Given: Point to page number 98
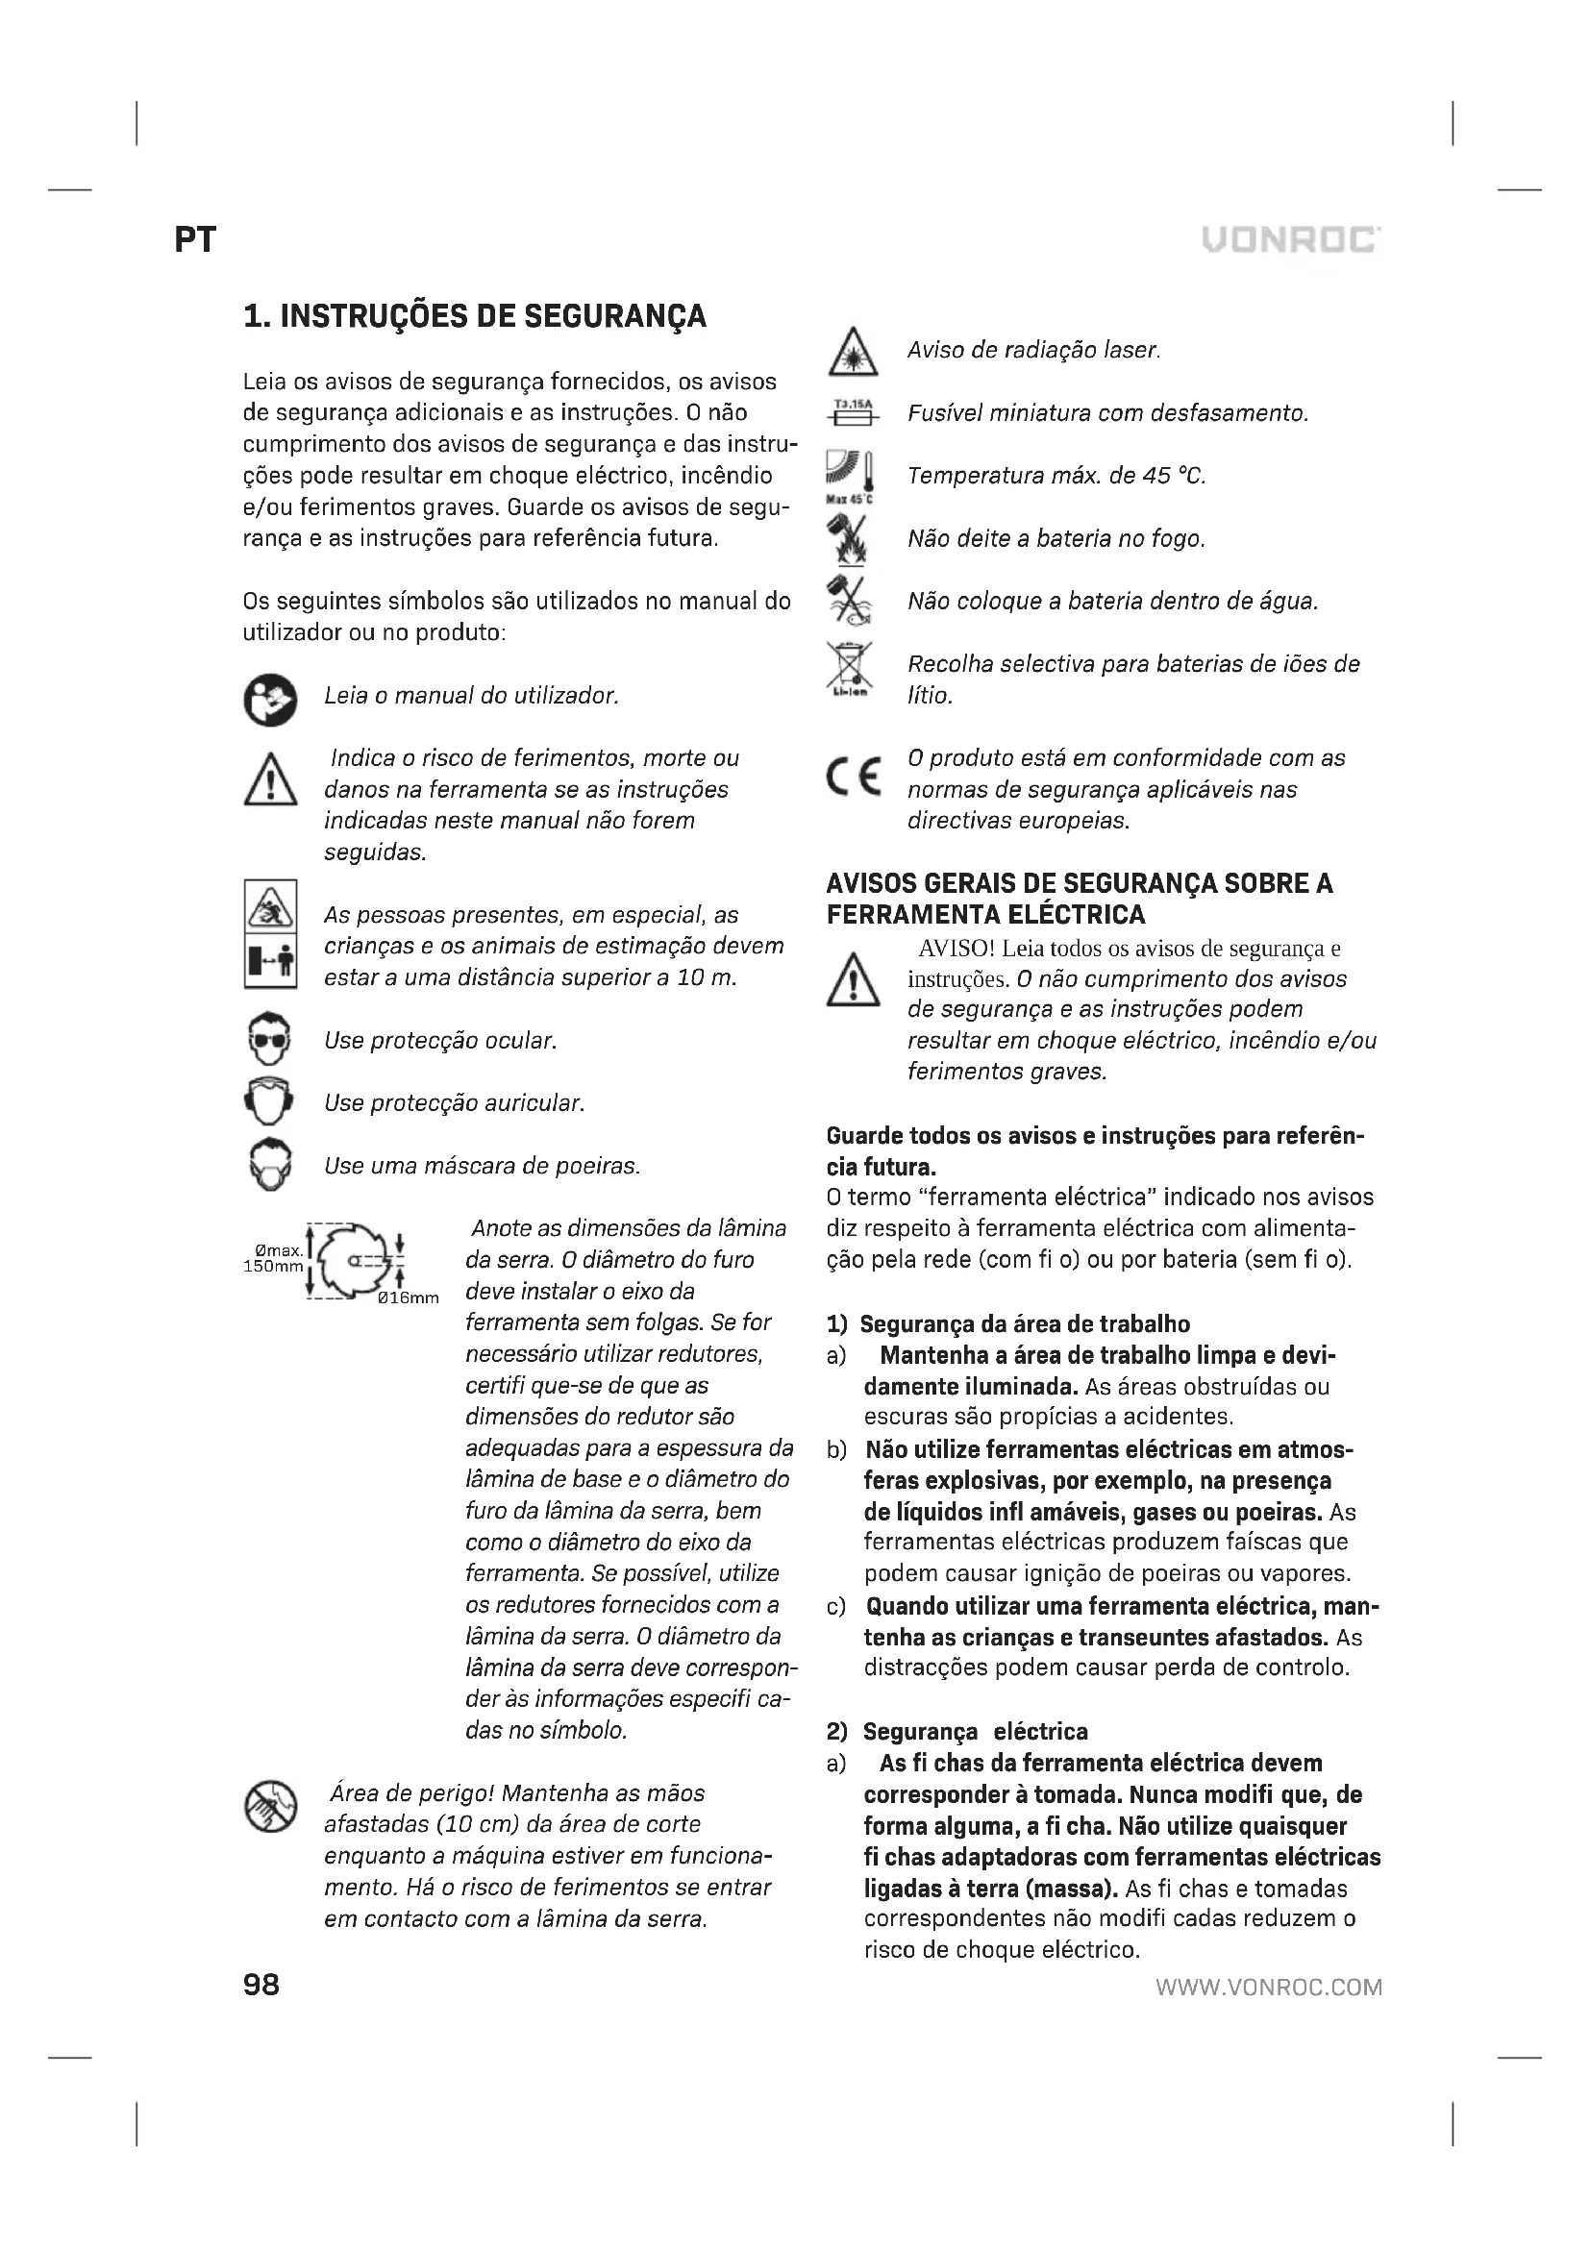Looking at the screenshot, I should [261, 1985].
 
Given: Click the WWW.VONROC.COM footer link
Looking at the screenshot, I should [1269, 1987].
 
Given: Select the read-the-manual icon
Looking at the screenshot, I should [269, 699].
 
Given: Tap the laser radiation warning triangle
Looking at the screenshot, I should [854, 352].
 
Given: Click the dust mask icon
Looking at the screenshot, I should [269, 1165].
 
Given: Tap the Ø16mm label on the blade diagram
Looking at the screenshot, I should [409, 1298].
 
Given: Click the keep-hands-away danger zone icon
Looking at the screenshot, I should [269, 1808].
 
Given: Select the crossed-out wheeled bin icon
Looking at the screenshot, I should [849, 668].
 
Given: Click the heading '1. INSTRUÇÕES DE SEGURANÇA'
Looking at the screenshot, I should [475, 316].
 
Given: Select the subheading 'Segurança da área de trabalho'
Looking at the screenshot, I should [1024, 1323].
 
